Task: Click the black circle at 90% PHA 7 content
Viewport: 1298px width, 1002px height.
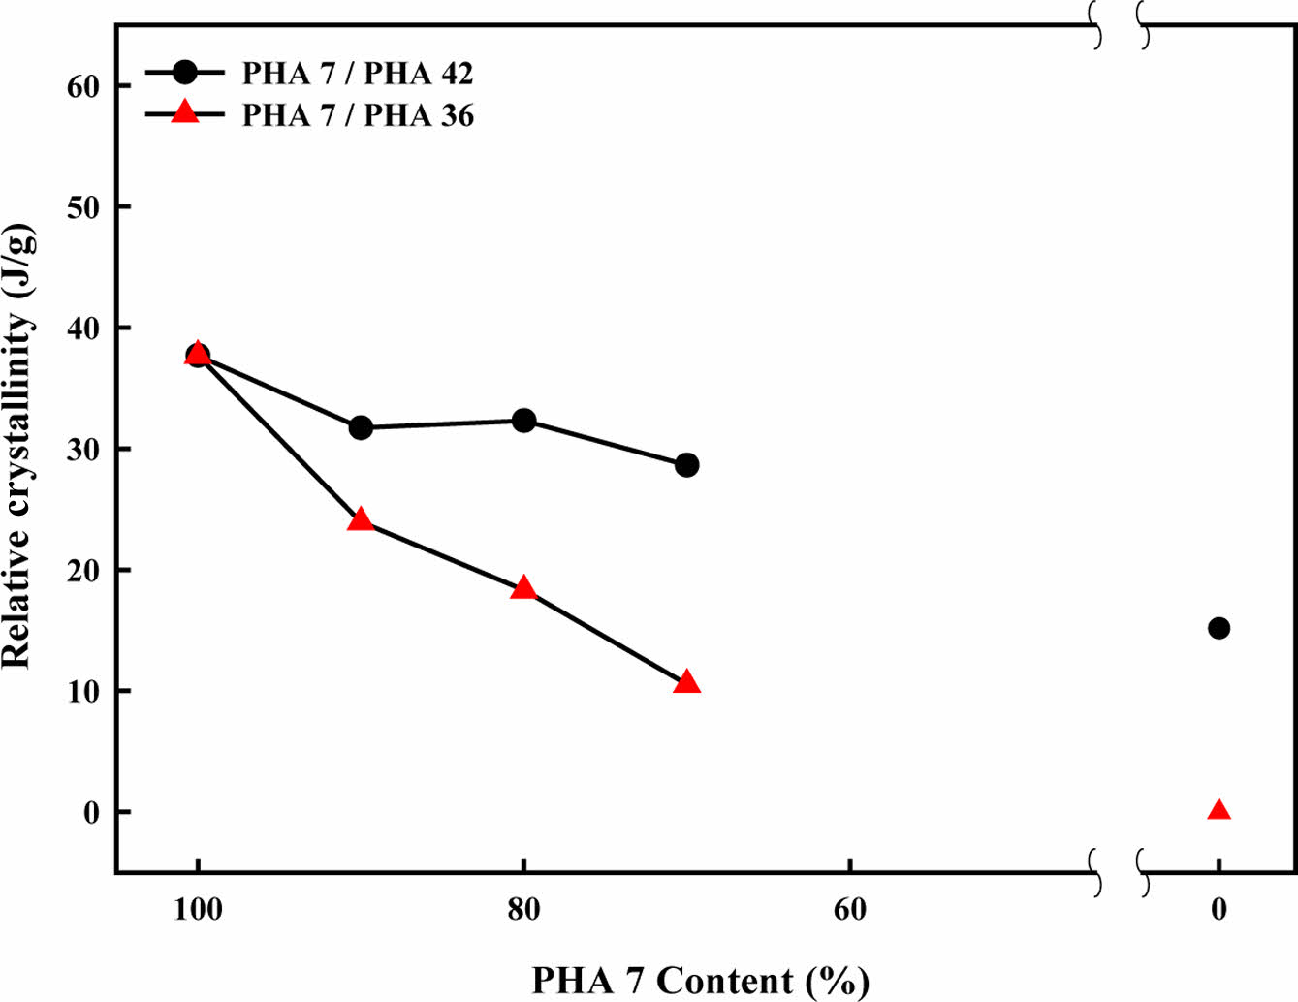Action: point(361,427)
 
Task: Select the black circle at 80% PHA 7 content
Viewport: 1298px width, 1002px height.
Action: point(523,421)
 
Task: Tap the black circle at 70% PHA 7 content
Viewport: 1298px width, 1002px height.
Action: point(686,465)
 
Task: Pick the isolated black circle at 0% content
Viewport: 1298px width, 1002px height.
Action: point(1219,628)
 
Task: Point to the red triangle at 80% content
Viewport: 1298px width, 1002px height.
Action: point(523,588)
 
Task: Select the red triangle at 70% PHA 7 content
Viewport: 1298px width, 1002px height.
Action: point(686,682)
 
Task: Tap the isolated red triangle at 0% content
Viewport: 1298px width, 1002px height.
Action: point(1219,810)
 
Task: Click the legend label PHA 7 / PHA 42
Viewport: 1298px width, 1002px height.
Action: point(358,73)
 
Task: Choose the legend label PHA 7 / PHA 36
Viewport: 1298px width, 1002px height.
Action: point(358,115)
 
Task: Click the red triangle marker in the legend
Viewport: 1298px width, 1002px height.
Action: point(184,113)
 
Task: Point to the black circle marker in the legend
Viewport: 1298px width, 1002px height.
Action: point(184,72)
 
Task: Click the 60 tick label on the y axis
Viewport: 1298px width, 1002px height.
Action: point(83,86)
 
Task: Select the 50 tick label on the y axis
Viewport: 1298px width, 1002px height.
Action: point(83,207)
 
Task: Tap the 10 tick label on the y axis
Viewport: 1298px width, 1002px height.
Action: point(83,691)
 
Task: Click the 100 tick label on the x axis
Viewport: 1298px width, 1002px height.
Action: point(198,910)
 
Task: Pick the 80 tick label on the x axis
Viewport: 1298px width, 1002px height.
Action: point(523,910)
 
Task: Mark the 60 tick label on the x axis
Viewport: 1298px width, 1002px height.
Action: point(849,910)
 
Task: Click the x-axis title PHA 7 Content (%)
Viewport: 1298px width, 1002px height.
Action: point(700,981)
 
